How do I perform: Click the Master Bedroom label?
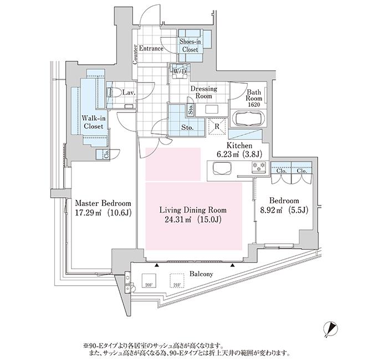[103, 203]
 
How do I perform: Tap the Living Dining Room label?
[193, 210]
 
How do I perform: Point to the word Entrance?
[151, 49]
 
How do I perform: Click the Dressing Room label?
[203, 92]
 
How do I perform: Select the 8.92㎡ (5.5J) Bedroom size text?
[284, 210]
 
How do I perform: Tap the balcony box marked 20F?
[149, 280]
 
